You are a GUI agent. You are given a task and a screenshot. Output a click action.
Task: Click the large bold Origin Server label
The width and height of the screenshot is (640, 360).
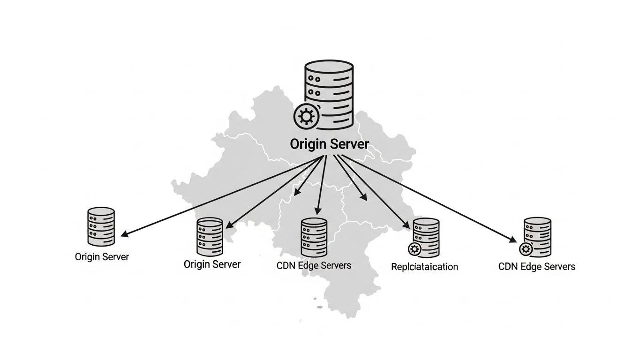point(330,143)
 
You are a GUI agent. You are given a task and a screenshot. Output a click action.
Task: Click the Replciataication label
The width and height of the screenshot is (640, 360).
point(424,267)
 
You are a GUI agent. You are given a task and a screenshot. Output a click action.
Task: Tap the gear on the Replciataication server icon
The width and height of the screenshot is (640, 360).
point(414,248)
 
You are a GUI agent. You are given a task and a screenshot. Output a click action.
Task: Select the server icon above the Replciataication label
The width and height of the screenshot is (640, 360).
point(426,238)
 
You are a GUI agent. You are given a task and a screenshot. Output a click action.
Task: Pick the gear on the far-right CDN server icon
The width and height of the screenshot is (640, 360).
point(526,248)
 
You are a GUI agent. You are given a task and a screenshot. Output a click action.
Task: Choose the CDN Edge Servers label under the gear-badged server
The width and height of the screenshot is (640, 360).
point(537,266)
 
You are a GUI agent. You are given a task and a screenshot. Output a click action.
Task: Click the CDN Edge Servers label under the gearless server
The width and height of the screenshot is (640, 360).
point(314,265)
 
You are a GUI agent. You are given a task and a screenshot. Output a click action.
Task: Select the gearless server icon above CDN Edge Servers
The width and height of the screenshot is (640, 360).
point(314,237)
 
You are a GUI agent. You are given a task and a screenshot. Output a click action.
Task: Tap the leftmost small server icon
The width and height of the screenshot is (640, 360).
point(101,226)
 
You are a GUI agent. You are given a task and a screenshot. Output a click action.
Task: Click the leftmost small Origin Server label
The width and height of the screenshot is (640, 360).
point(102,257)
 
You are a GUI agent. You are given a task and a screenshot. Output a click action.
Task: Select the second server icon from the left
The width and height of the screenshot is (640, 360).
point(210,237)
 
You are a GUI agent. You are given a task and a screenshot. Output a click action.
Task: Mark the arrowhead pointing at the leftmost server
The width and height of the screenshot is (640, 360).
point(124,234)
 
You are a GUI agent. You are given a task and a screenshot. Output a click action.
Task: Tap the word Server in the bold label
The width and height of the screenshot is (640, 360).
point(349,143)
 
